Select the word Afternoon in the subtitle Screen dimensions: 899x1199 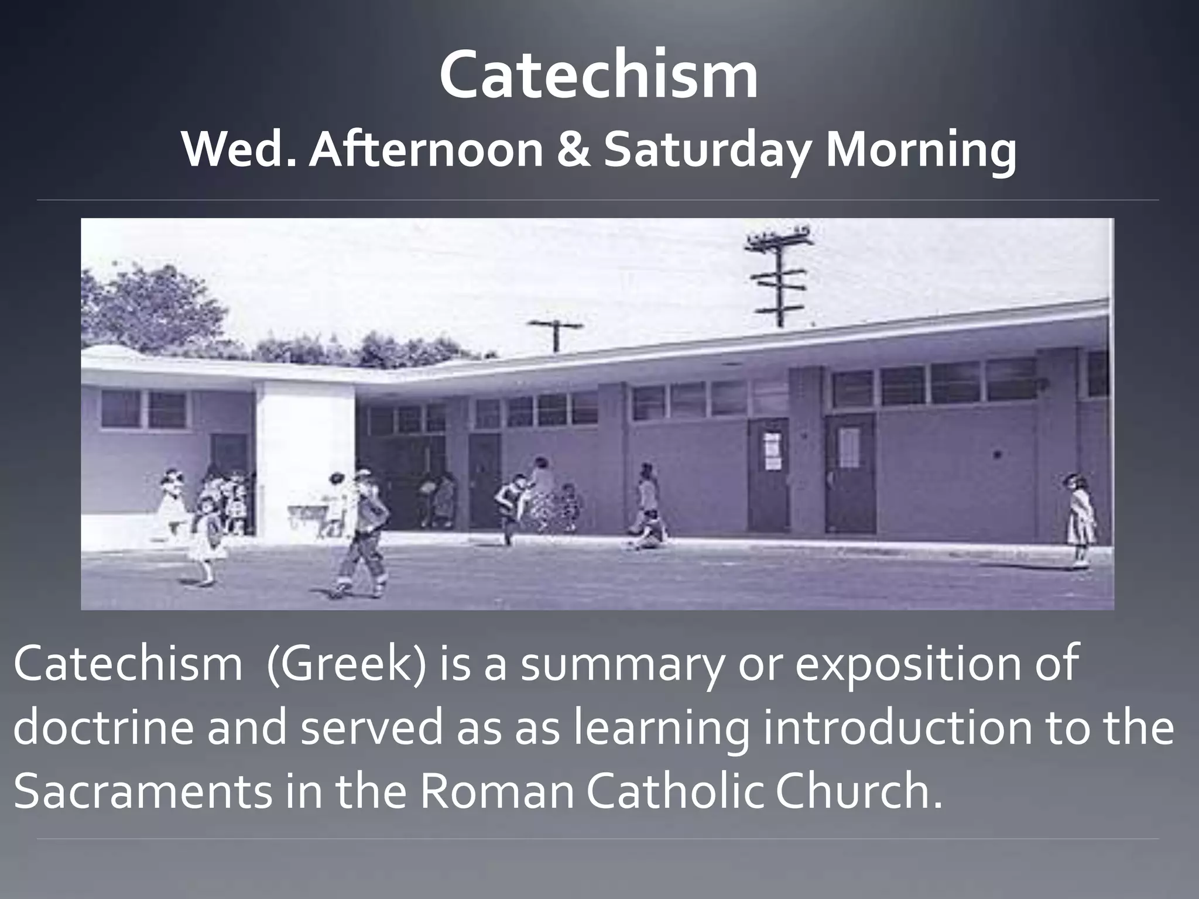point(426,150)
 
